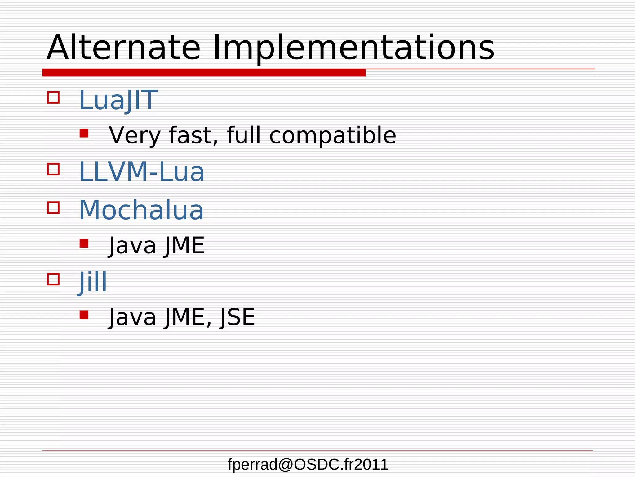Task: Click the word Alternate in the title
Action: pos(123,48)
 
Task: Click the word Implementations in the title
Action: pos(353,48)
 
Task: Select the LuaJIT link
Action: pos(118,100)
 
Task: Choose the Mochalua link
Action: pos(141,210)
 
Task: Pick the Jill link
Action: pos(92,282)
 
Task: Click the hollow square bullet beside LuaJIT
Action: pos(53,97)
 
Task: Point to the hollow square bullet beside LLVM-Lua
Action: pos(53,169)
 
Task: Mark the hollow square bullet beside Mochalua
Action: pos(53,207)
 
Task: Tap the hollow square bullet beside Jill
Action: pos(53,279)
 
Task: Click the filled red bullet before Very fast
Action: pos(84,133)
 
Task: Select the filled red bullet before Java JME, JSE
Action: pos(84,315)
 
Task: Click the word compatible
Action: pos(332,136)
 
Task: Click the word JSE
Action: pos(237,317)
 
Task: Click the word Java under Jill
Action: pos(132,317)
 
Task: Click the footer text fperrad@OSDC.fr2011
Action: pos(308,465)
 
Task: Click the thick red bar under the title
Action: pos(204,73)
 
